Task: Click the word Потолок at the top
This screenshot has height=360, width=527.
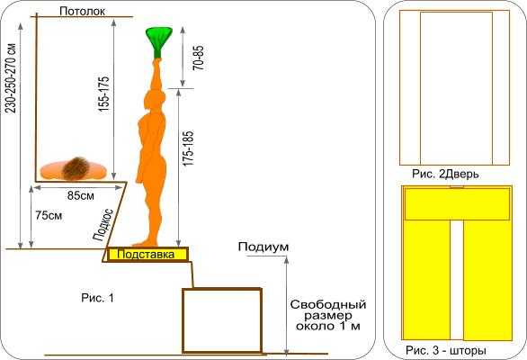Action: pyautogui.click(x=82, y=11)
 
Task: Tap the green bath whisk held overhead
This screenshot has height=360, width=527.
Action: pyautogui.click(x=158, y=41)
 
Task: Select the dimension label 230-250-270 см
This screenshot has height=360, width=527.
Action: pyautogui.click(x=11, y=78)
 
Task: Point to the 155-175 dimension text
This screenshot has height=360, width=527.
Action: pyautogui.click(x=103, y=94)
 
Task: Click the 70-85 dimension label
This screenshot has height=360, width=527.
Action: pyautogui.click(x=198, y=58)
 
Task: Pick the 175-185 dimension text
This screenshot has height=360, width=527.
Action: pyautogui.click(x=189, y=148)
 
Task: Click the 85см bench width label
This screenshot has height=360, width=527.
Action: pyautogui.click(x=81, y=195)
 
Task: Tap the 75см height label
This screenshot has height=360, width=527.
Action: pyautogui.click(x=49, y=215)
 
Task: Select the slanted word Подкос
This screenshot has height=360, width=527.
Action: pyautogui.click(x=103, y=225)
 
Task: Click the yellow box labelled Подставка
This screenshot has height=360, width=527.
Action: pyautogui.click(x=147, y=254)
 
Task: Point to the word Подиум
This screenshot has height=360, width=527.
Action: pyautogui.click(x=263, y=247)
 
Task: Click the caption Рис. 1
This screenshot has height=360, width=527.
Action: pyautogui.click(x=97, y=297)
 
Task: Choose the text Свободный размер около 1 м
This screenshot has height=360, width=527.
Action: pyautogui.click(x=328, y=315)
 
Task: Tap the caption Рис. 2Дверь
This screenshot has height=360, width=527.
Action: pyautogui.click(x=445, y=174)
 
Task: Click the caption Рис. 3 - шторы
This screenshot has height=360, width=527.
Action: pyautogui.click(x=446, y=350)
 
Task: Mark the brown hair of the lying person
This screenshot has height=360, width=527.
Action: pyautogui.click(x=76, y=168)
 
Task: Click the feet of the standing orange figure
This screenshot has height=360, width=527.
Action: pyautogui.click(x=145, y=243)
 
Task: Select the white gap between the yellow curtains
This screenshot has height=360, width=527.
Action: pyautogui.click(x=457, y=280)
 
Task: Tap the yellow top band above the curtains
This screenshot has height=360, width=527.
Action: pyautogui.click(x=457, y=204)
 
